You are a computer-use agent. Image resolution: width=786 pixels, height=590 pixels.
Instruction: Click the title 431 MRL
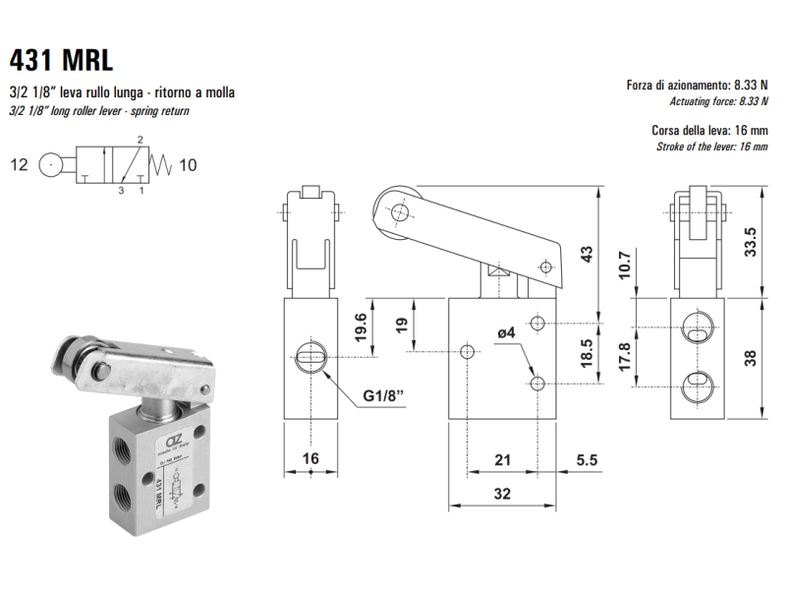[61, 59]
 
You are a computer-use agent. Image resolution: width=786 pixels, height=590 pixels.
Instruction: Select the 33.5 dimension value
[749, 241]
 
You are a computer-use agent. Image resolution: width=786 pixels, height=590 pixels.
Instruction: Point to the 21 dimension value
[502, 459]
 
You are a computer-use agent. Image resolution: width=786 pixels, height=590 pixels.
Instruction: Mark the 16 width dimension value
[309, 459]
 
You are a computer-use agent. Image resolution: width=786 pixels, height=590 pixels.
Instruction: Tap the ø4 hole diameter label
[507, 333]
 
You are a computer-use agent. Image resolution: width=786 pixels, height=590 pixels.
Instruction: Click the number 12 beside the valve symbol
[20, 164]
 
